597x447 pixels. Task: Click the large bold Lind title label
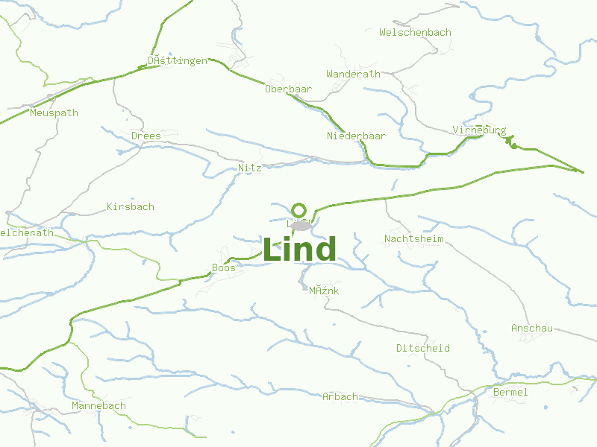(299, 250)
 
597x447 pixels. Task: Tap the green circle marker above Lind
(299, 209)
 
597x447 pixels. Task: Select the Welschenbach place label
(415, 33)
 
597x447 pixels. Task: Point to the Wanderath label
(353, 74)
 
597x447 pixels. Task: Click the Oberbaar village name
(288, 89)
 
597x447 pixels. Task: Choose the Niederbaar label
(356, 136)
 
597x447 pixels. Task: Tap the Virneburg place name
(479, 130)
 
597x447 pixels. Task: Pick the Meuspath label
(54, 113)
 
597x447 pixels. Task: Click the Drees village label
(146, 136)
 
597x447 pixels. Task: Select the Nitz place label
(249, 168)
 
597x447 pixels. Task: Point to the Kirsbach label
(131, 206)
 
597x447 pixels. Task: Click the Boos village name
(224, 267)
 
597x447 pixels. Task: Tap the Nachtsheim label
(413, 239)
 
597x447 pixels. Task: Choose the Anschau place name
(531, 329)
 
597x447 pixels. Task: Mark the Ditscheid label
(422, 348)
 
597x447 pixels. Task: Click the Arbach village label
(340, 396)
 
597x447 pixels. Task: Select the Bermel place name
(510, 392)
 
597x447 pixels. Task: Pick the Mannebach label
(99, 406)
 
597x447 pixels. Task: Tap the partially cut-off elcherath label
(28, 232)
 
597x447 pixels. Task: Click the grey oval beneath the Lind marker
(300, 225)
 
